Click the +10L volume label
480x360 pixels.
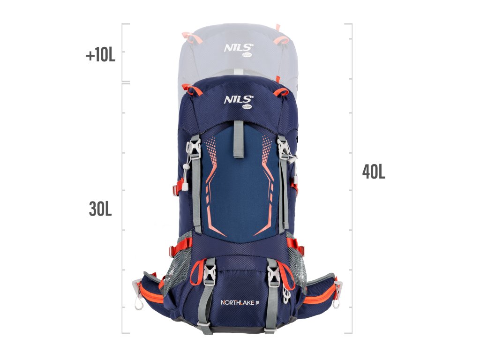(x=100, y=55)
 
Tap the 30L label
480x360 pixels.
(x=100, y=209)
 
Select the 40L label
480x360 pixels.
(x=374, y=172)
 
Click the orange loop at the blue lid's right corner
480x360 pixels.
(x=282, y=91)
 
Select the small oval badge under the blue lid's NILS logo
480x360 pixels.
(x=247, y=106)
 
